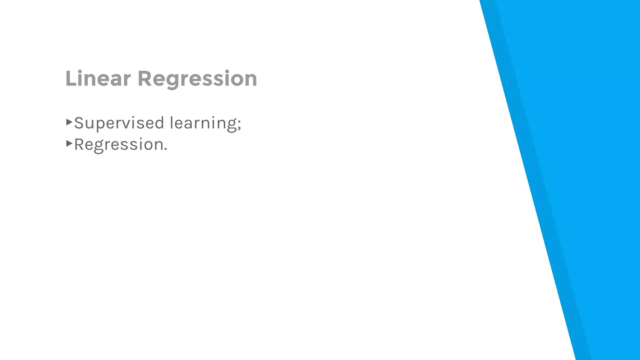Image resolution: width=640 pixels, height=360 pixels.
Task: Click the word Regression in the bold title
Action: (197, 79)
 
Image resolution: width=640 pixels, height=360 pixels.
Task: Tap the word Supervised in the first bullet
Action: (119, 123)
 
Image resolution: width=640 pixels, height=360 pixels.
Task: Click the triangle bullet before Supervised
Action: (69, 122)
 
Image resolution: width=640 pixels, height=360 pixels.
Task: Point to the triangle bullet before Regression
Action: (69, 143)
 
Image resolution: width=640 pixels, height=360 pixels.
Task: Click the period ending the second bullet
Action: (166, 149)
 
